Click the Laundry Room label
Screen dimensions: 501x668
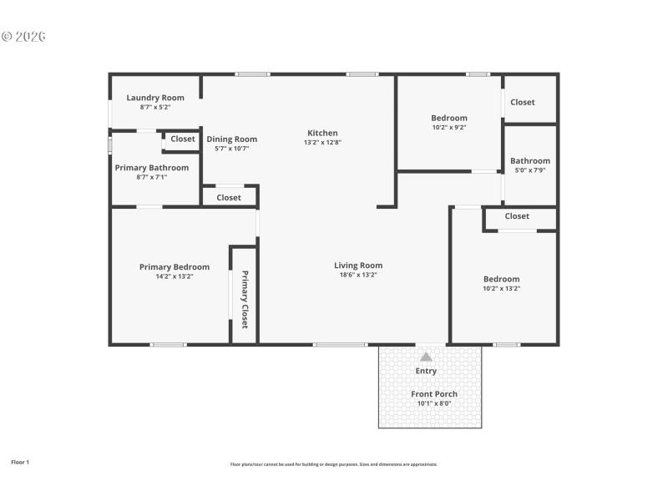(x=155, y=98)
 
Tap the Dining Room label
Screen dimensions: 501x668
(x=232, y=139)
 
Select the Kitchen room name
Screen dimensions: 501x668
(x=322, y=133)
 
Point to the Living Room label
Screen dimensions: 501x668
(x=358, y=266)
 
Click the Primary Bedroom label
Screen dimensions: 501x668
(x=175, y=267)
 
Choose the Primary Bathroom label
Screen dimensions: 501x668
(x=152, y=168)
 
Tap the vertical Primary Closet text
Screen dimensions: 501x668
(x=245, y=298)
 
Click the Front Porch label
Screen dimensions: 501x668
(x=434, y=394)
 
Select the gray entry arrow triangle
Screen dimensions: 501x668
(x=426, y=357)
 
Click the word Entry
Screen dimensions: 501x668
(x=426, y=371)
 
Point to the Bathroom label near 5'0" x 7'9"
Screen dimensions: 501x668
(x=530, y=161)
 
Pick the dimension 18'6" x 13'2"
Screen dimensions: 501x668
(x=358, y=275)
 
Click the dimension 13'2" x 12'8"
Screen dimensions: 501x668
(x=322, y=142)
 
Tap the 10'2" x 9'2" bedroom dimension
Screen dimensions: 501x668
(x=449, y=128)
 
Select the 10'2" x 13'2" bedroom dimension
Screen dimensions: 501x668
(x=501, y=288)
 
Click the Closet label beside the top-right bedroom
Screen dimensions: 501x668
(x=523, y=102)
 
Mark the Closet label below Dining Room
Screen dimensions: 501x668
(x=229, y=198)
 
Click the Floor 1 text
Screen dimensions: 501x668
(x=20, y=462)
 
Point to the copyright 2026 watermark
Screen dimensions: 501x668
(x=23, y=37)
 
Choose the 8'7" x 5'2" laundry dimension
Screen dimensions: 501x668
(x=155, y=107)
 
